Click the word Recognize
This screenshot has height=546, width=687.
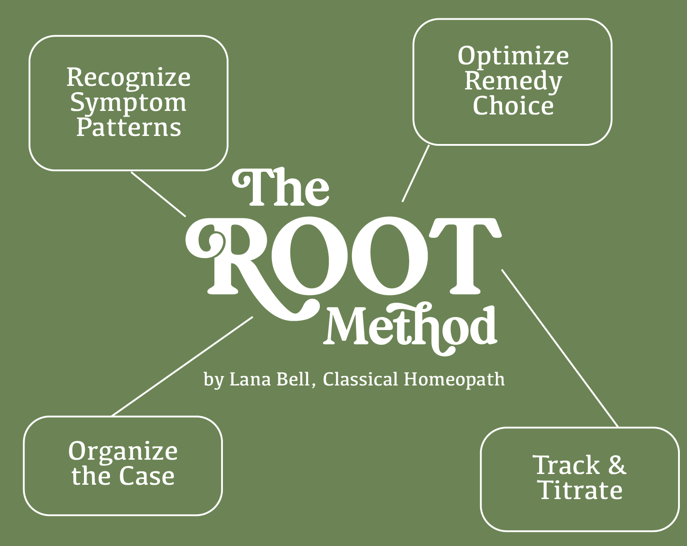(x=129, y=77)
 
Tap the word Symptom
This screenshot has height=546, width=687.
(x=128, y=103)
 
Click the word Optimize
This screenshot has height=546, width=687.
(x=513, y=56)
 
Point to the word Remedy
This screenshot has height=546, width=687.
(x=513, y=81)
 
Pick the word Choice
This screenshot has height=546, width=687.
(x=513, y=106)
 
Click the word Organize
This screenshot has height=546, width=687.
(x=123, y=452)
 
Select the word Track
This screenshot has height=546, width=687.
(x=566, y=465)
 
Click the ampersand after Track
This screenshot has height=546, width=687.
(x=616, y=465)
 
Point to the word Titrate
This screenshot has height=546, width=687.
(x=580, y=490)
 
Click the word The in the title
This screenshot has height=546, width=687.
(x=281, y=188)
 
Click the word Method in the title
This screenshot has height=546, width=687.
(x=411, y=326)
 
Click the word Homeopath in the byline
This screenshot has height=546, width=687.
(x=454, y=379)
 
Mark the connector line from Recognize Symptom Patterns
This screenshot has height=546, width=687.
(x=158, y=194)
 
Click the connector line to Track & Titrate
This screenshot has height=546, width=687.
(x=560, y=348)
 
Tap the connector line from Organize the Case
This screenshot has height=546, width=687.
(x=182, y=366)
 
